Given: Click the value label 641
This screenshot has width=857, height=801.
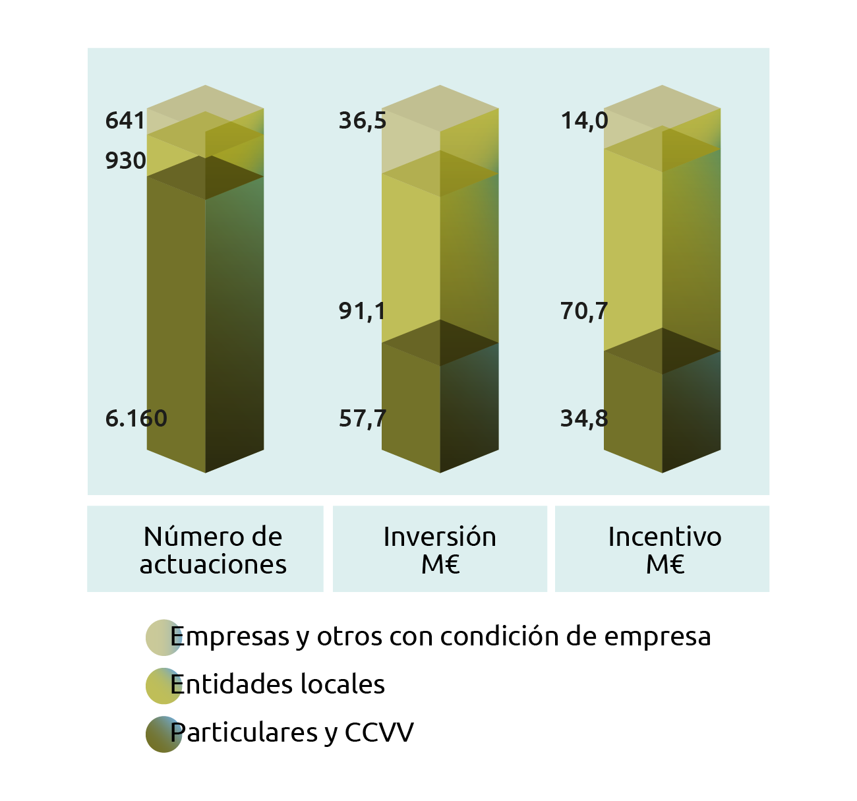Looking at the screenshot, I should point(125,121).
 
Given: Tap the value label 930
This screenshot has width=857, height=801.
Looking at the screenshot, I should point(125,161).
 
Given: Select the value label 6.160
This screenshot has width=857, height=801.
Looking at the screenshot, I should point(136,419).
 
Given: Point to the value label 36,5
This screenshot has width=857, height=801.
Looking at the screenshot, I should point(362,121).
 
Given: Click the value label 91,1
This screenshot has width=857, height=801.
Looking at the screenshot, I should point(362,311).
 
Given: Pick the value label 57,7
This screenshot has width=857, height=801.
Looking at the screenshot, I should point(362,419).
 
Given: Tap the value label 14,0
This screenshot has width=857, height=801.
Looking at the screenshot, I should point(584,121).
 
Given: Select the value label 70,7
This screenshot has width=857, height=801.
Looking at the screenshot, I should point(584,311).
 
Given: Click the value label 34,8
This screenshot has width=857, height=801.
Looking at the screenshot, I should point(584,419).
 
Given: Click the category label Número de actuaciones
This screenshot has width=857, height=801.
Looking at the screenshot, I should point(213,550).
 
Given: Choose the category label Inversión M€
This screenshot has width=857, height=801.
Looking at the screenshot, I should point(440,550).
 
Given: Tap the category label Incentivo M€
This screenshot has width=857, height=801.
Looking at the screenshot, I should point(665,550).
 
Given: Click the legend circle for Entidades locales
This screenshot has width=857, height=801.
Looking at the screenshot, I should point(163,686).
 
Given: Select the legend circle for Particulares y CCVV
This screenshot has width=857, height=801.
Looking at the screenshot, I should point(163,734).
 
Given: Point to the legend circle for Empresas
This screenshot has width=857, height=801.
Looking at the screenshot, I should point(163,638).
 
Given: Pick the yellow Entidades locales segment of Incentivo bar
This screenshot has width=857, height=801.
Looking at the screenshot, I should point(662,251).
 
